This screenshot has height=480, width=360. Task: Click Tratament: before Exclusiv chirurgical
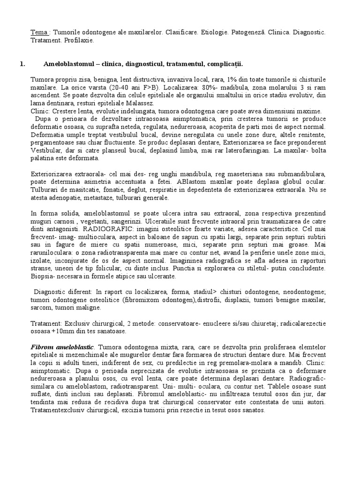click(47, 323)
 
